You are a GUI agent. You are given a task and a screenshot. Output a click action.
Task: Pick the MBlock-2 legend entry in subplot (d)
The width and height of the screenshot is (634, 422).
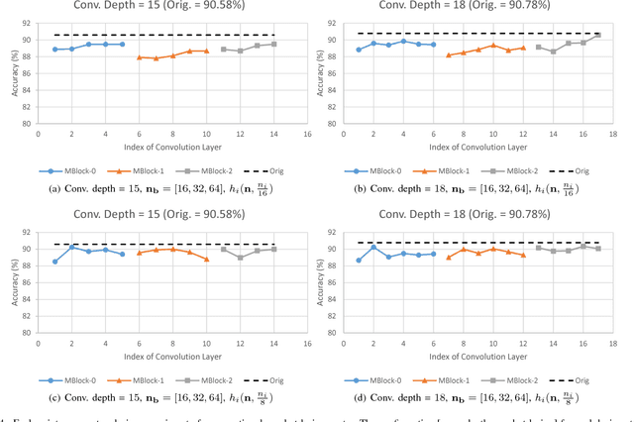coord(509,379)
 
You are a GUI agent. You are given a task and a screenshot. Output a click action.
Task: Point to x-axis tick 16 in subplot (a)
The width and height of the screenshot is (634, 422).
coord(307,133)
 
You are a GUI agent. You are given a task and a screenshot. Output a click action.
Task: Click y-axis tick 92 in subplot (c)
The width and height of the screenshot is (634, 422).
coord(29,219)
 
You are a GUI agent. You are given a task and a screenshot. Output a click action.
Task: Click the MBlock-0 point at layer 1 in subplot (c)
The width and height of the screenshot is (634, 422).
coord(54,262)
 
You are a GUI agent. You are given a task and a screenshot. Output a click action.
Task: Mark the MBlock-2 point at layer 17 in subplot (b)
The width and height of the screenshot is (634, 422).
coord(598,35)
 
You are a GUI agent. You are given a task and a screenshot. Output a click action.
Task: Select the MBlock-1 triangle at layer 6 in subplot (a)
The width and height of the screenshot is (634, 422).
coord(139,57)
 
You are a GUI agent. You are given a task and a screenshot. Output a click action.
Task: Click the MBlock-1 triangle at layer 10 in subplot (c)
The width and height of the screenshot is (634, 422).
coord(206,259)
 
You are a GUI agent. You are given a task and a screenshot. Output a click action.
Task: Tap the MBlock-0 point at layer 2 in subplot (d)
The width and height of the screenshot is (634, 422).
coord(373,247)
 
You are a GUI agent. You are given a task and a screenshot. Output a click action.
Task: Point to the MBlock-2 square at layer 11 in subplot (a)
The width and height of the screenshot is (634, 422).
coord(223,49)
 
